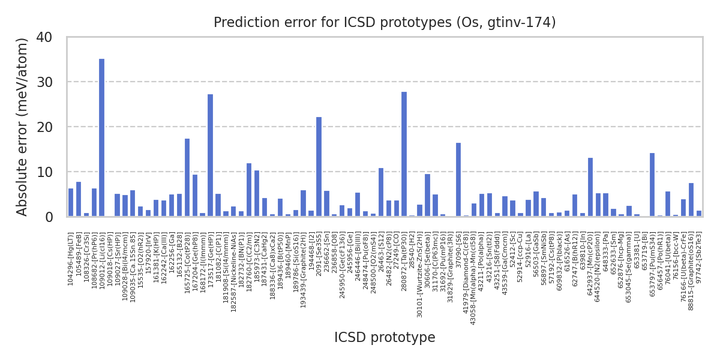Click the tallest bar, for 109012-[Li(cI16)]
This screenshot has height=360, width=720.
coord(101,138)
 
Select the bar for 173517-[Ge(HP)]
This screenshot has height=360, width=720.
coord(210,155)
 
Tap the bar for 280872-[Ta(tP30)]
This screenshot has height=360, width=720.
coord(404,154)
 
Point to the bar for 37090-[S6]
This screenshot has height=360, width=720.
coord(458,179)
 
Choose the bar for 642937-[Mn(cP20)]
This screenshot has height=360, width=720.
coord(590,187)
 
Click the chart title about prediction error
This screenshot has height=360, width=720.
coord(385,23)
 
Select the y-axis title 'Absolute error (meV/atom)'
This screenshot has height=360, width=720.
coord(23,127)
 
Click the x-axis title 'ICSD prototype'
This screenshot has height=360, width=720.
coord(385,338)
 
